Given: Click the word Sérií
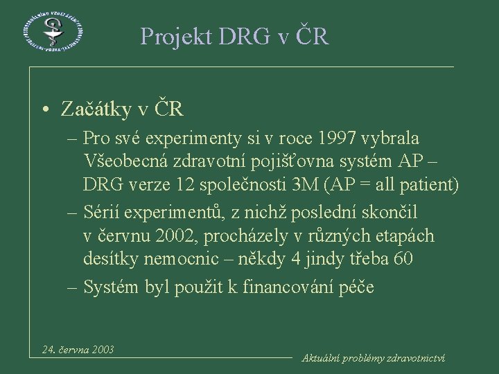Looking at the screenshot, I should [x=103, y=211].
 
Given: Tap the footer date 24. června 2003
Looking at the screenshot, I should [x=78, y=349].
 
